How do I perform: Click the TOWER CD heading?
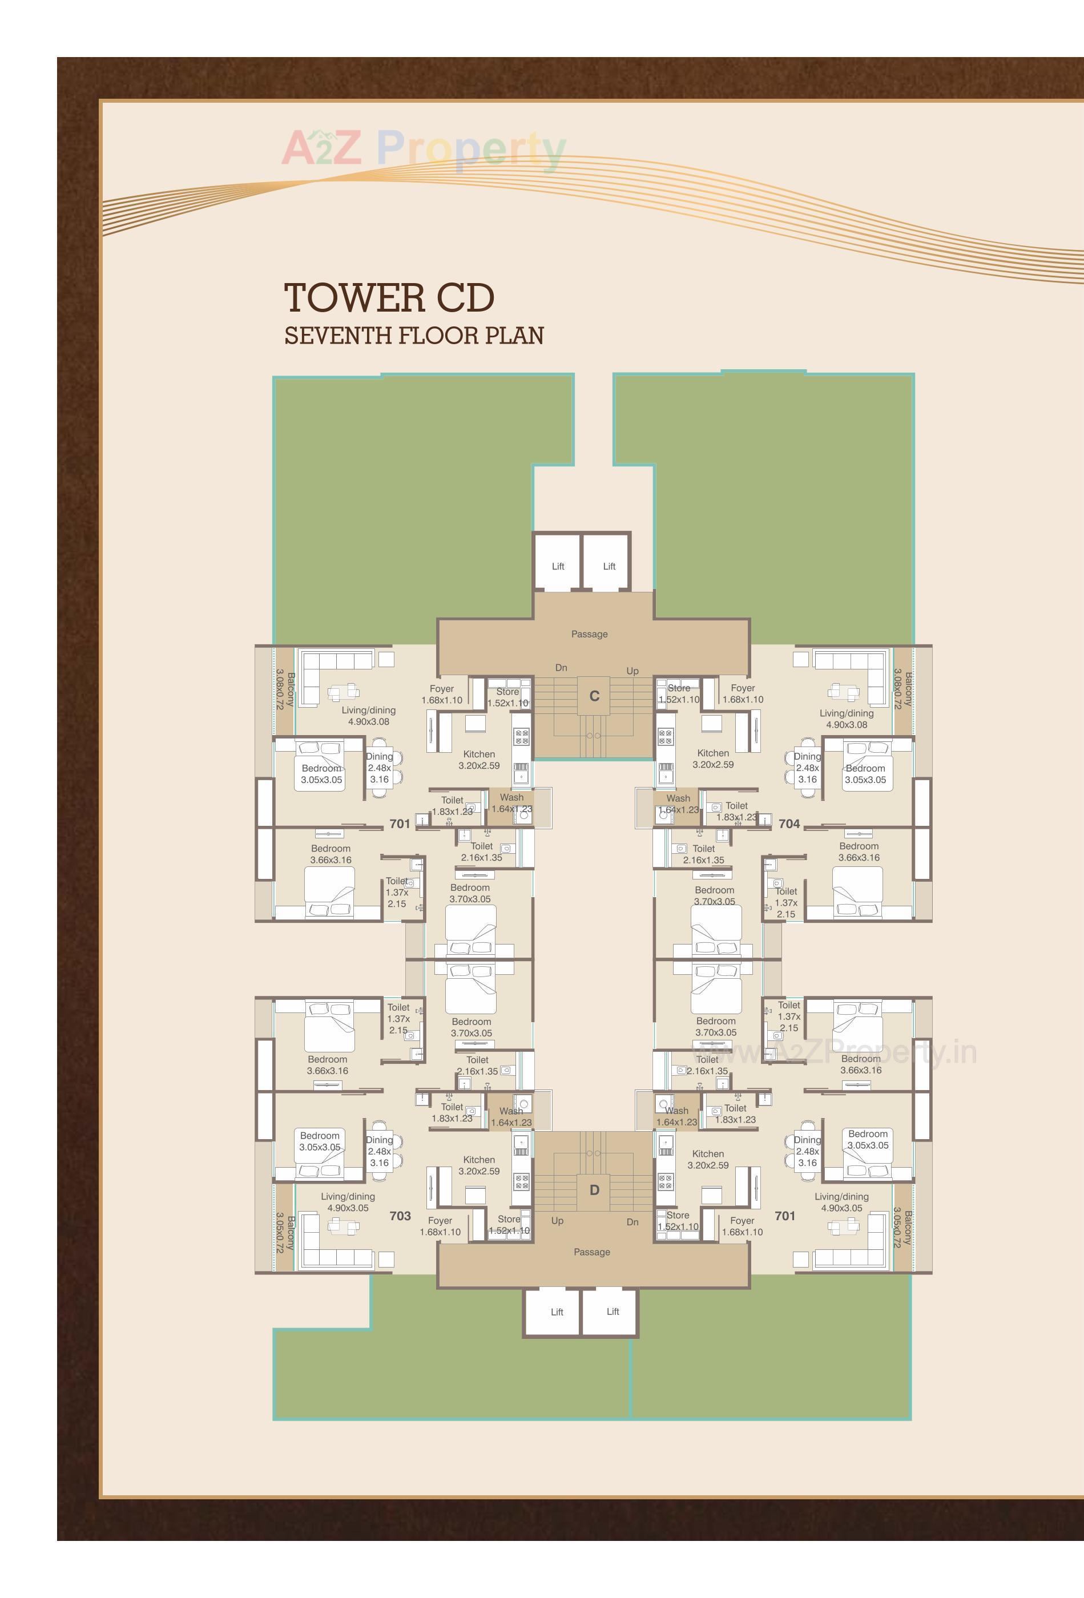click(389, 298)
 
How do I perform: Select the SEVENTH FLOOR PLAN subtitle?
click(413, 336)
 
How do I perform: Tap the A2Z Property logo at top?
click(424, 149)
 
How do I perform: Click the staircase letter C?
click(594, 696)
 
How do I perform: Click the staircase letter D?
click(594, 1189)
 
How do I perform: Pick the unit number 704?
click(789, 824)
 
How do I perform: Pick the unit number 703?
click(400, 1216)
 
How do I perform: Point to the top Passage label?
click(590, 634)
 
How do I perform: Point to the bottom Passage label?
click(591, 1252)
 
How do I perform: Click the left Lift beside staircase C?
click(558, 567)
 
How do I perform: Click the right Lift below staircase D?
click(612, 1312)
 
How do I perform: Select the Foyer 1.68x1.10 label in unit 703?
click(440, 1226)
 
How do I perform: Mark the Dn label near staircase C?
click(561, 668)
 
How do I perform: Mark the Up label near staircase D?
click(557, 1221)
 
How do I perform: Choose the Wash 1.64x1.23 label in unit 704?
click(678, 804)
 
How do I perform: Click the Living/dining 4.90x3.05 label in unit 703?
click(348, 1202)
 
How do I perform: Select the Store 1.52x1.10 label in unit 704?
click(679, 693)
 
